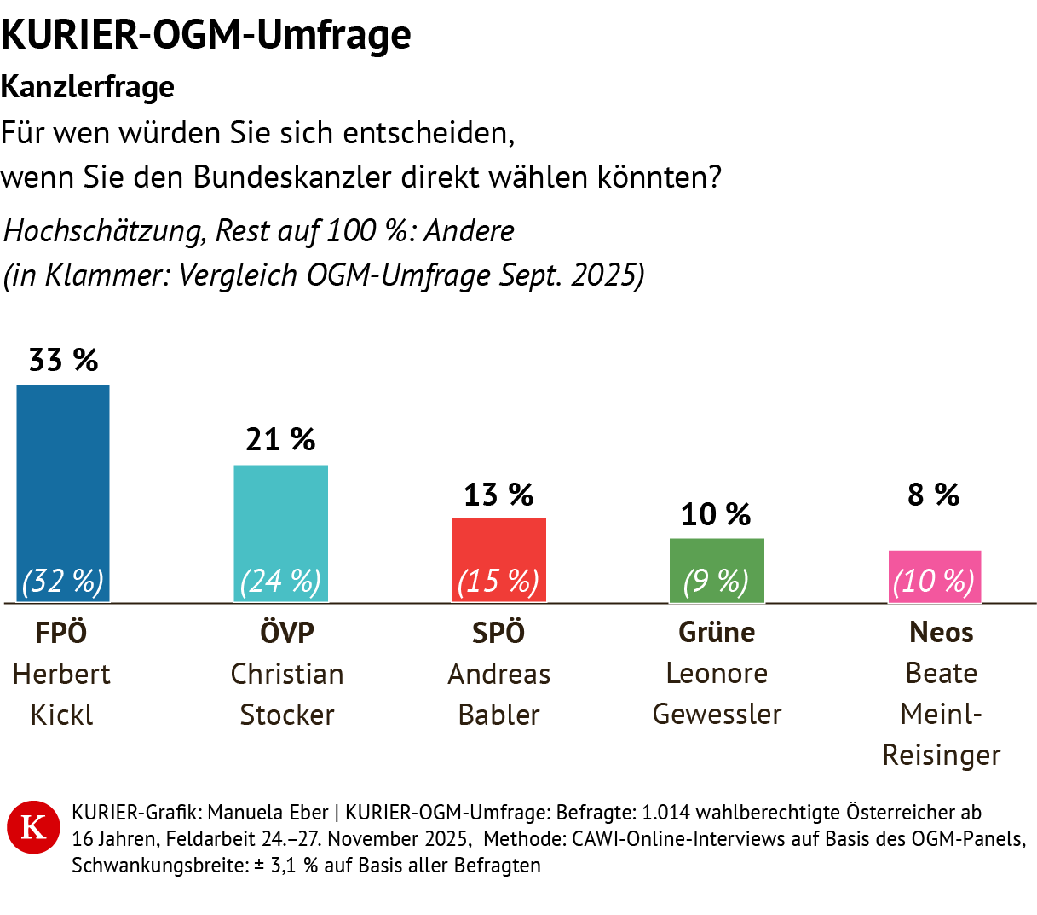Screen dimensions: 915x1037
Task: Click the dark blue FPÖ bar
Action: click(x=63, y=478)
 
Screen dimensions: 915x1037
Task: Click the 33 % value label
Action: click(x=63, y=361)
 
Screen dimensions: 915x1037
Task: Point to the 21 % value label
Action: click(x=280, y=440)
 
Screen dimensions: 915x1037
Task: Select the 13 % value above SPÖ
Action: click(x=498, y=495)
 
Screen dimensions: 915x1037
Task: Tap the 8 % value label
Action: click(x=934, y=495)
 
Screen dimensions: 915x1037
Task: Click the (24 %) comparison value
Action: click(x=280, y=582)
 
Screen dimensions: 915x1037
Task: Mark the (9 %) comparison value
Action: click(x=716, y=582)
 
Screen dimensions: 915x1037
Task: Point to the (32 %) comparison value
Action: click(x=63, y=582)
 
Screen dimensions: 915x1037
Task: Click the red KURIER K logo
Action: click(x=33, y=826)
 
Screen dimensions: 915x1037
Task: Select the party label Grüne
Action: click(x=717, y=632)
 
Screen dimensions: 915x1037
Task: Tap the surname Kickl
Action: click(x=61, y=715)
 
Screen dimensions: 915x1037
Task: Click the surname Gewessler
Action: click(x=717, y=714)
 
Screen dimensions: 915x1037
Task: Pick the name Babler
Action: click(x=498, y=715)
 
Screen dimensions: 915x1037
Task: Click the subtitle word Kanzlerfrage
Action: click(x=88, y=87)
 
